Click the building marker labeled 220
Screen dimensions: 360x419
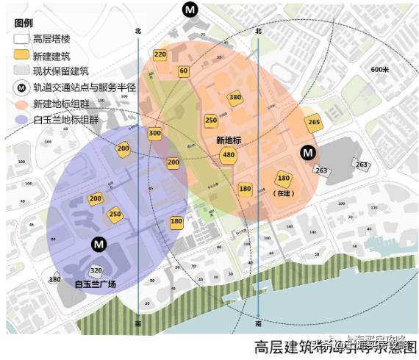coord(160,54)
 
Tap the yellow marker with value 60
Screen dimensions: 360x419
coord(184,71)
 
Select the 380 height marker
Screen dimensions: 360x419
coord(235,98)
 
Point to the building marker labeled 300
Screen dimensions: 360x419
coord(154,134)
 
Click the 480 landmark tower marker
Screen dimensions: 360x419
coord(229,155)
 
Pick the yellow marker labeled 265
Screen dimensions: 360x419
coord(314,123)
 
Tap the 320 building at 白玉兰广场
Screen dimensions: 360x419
coord(96,270)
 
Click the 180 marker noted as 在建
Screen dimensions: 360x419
coord(284,179)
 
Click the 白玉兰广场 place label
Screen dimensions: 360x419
coord(96,284)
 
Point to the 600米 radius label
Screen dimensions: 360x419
coord(379,69)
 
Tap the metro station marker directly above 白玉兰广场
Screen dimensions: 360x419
coord(98,244)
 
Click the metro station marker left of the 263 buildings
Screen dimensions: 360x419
coord(309,153)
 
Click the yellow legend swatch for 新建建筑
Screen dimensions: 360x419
coord(21,56)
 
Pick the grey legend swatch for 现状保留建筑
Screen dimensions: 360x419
coord(21,71)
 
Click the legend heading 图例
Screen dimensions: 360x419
coord(24,23)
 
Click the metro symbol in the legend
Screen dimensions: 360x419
coord(21,87)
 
